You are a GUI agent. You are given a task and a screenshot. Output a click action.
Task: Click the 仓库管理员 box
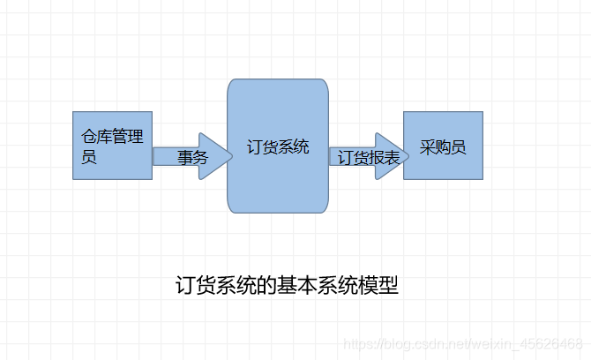point(112,146)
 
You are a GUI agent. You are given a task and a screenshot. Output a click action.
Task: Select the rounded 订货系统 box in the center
point(278,146)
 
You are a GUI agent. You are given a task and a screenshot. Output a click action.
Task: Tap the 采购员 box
point(443,146)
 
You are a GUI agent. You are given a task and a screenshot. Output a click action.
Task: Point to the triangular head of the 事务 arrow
point(213,157)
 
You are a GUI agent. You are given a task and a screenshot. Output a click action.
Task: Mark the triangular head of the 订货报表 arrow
point(387,157)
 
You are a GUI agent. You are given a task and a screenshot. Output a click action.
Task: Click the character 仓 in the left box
point(89,138)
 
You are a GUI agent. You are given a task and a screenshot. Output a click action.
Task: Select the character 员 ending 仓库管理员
point(89,159)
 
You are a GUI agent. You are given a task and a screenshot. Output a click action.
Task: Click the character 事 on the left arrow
point(184,158)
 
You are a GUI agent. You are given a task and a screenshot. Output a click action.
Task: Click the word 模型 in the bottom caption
point(378,286)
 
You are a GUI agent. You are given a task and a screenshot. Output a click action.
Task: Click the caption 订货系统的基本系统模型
point(287,286)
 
